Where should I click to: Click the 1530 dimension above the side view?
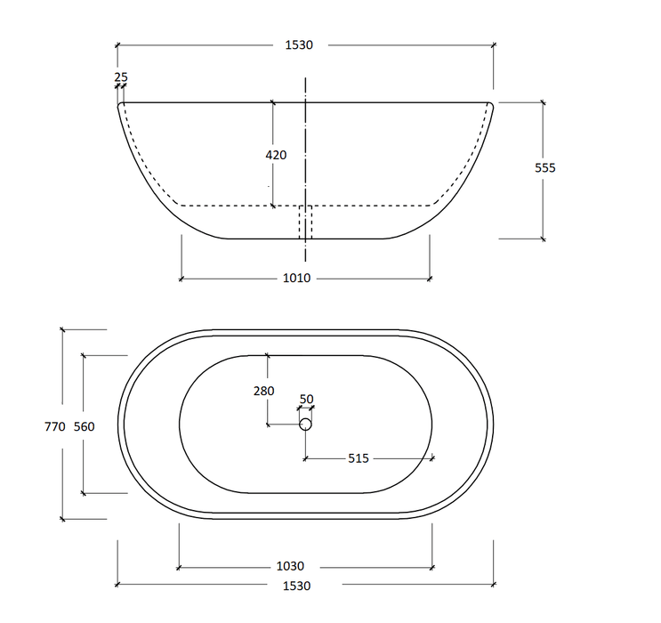tap(299, 44)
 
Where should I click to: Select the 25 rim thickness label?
tap(121, 77)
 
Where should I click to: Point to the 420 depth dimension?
tap(276, 155)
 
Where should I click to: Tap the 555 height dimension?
tap(545, 168)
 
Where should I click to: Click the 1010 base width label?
tap(297, 278)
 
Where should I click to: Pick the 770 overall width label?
tap(55, 427)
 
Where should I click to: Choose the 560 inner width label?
tap(84, 427)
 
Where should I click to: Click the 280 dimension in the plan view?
tap(264, 391)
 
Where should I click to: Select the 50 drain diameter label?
tap(306, 399)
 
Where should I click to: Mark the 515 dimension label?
tap(359, 458)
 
